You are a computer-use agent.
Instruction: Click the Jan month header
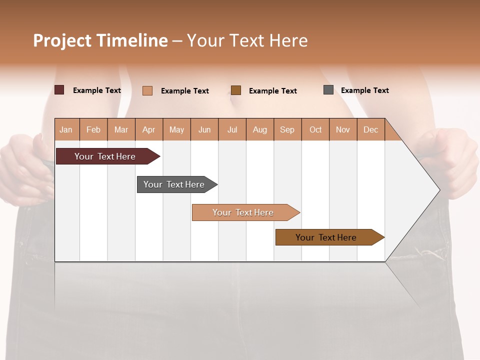(66, 129)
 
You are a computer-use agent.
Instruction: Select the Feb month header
(93, 129)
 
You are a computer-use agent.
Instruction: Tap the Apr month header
(149, 129)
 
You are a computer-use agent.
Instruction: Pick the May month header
(176, 129)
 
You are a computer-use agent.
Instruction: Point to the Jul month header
(232, 129)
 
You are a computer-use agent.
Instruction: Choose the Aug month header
(260, 129)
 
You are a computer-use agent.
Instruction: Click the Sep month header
(287, 129)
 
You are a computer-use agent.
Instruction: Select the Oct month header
(315, 129)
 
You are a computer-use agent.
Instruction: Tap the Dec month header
(370, 129)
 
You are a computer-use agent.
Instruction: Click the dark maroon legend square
(59, 90)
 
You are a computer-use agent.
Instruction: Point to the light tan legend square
(147, 90)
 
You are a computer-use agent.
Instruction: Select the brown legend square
(236, 90)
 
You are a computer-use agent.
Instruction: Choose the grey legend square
(328, 90)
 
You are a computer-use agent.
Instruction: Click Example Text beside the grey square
(364, 90)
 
